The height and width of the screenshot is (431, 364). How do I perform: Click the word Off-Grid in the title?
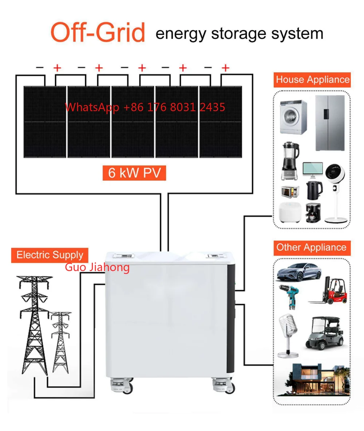click(98, 32)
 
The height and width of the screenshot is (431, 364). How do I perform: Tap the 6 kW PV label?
click(134, 173)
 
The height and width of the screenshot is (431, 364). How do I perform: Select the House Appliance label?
click(312, 80)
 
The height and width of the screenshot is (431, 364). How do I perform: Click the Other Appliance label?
click(311, 247)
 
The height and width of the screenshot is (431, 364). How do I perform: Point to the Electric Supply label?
click(50, 255)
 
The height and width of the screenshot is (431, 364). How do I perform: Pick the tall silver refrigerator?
click(329, 123)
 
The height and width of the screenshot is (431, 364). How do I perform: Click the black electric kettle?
click(314, 190)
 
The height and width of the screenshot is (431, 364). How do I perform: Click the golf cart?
click(325, 333)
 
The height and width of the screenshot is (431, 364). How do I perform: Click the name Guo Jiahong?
click(97, 267)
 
